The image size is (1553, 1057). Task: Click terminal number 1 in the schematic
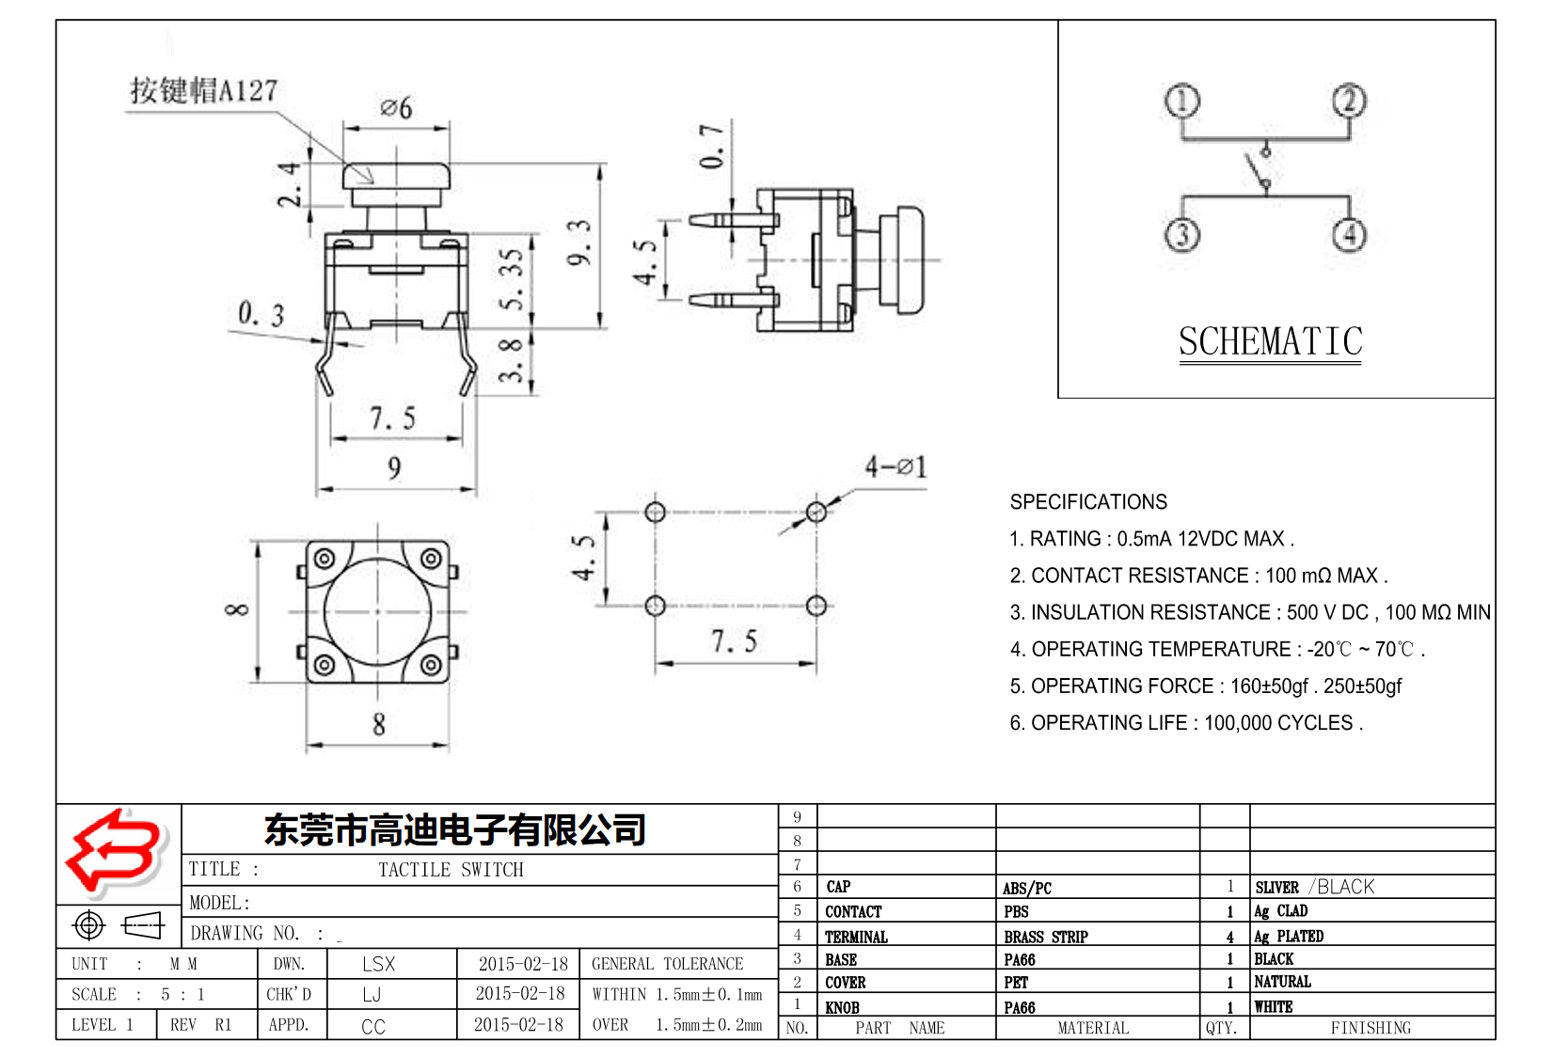click(1181, 101)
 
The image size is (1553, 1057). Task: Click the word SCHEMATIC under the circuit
click(1270, 342)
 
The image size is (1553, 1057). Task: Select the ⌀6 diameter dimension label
click(396, 108)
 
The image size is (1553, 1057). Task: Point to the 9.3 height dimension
click(579, 243)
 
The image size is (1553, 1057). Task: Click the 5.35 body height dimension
click(511, 279)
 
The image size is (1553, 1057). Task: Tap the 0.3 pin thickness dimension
click(261, 314)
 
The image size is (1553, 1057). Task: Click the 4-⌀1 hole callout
click(895, 466)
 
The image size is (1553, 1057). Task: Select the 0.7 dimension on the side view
click(712, 146)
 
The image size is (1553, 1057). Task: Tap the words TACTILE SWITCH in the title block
click(451, 870)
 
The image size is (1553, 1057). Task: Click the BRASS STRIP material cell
click(1045, 937)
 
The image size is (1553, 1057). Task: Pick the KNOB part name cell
click(842, 1007)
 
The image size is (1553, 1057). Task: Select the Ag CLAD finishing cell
click(1280, 911)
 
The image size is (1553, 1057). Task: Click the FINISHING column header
click(1370, 1028)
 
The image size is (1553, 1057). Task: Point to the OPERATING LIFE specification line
click(1185, 722)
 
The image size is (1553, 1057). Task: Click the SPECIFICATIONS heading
click(1087, 501)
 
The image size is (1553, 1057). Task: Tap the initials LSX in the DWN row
click(378, 964)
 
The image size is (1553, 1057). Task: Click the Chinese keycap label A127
click(203, 90)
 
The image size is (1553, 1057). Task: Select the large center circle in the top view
click(377, 611)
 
